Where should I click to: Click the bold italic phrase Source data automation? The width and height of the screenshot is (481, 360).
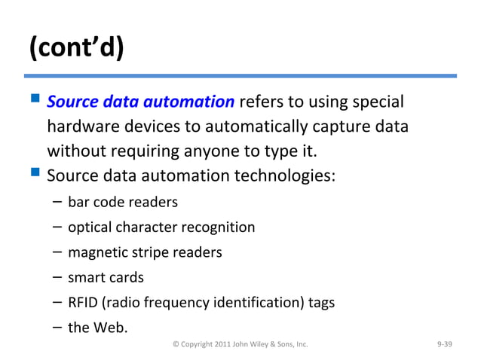tap(140, 101)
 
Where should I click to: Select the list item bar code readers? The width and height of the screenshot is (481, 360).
tap(123, 202)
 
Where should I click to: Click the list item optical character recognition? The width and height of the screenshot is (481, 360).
tap(161, 227)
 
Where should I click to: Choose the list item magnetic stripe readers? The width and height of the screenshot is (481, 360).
tap(145, 252)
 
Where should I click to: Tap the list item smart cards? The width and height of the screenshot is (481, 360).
tap(106, 276)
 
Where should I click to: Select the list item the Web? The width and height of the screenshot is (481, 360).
tap(97, 327)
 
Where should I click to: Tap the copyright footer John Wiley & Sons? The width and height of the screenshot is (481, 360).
tap(240, 344)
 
